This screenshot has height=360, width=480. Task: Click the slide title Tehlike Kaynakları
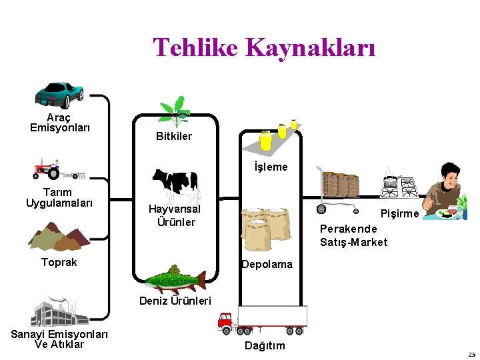[x=264, y=48]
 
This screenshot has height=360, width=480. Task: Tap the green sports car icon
[x=59, y=94]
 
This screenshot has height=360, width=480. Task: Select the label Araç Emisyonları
[x=60, y=122]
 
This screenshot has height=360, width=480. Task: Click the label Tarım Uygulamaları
[x=59, y=197]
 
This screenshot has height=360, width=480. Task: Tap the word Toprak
[x=59, y=262]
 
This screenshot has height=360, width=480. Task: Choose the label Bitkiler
[x=174, y=136]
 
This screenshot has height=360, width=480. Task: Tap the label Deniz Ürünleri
[x=175, y=301]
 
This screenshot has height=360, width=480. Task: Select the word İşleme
[x=271, y=167]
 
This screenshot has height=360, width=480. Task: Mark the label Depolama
[x=267, y=264]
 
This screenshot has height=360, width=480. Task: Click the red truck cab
[x=227, y=323]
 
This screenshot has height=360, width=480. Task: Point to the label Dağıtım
[x=265, y=345]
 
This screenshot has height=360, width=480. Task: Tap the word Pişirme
[x=399, y=213]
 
